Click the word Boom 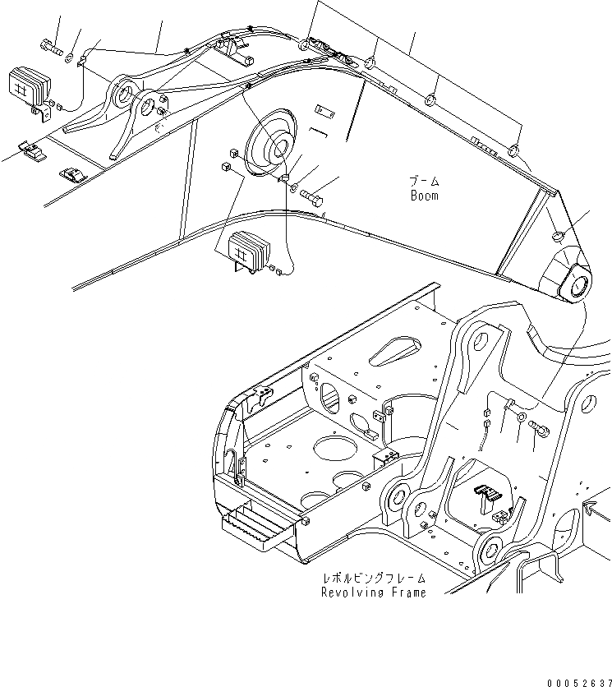[x=424, y=196]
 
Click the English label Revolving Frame [x=374, y=593]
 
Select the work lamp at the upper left [x=29, y=85]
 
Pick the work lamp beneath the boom [x=248, y=250]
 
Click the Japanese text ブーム [x=425, y=181]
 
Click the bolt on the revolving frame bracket [x=539, y=428]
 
